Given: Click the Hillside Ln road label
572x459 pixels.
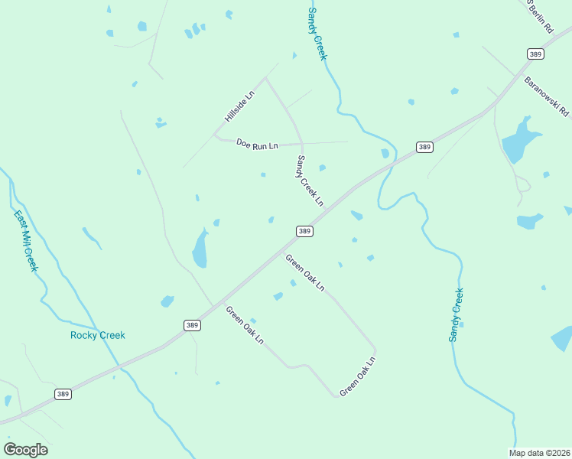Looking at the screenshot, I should (x=239, y=107).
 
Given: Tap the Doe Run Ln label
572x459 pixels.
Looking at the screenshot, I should (x=257, y=144).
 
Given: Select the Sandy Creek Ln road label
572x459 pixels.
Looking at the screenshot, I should (x=310, y=181).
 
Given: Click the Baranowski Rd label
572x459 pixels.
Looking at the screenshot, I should (x=547, y=96).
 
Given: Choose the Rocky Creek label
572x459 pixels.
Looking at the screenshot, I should (x=97, y=335).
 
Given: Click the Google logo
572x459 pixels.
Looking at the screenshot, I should (x=25, y=450).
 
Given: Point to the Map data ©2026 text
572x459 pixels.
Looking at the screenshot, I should (x=539, y=453).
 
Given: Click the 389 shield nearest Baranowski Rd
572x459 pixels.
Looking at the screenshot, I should (x=535, y=54).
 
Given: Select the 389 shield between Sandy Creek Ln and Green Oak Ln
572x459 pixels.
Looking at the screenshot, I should (x=304, y=231).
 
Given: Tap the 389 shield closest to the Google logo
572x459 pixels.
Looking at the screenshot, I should (x=63, y=394).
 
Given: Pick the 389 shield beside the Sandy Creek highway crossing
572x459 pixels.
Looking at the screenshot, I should (x=425, y=147).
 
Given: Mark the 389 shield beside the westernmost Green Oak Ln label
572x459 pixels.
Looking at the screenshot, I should (x=193, y=325).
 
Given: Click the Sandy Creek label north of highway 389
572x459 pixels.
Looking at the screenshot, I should (x=317, y=34).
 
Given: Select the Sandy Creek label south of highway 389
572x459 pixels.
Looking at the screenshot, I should (x=456, y=314).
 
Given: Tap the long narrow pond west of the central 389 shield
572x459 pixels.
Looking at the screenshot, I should (x=200, y=249).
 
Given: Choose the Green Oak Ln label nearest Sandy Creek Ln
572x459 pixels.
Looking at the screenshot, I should (x=305, y=272).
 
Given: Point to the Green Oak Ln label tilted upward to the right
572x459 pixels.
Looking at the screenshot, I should (x=358, y=376).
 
